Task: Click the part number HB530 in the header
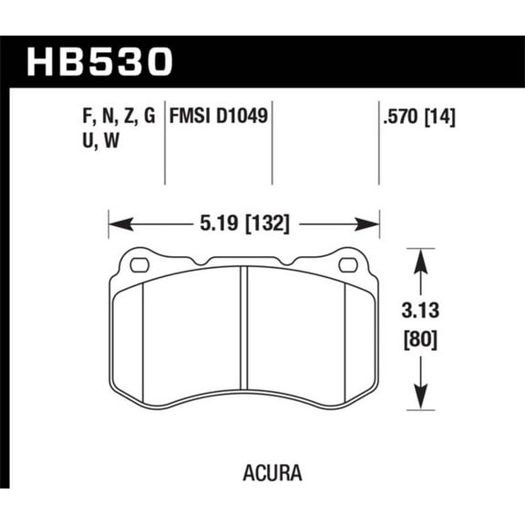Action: point(100,62)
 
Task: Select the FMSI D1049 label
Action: point(219,117)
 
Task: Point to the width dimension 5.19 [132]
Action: point(243,221)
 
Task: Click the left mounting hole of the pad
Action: point(140,265)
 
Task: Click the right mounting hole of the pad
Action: point(347,265)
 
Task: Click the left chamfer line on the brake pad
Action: point(146,337)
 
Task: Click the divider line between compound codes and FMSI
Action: point(164,146)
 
